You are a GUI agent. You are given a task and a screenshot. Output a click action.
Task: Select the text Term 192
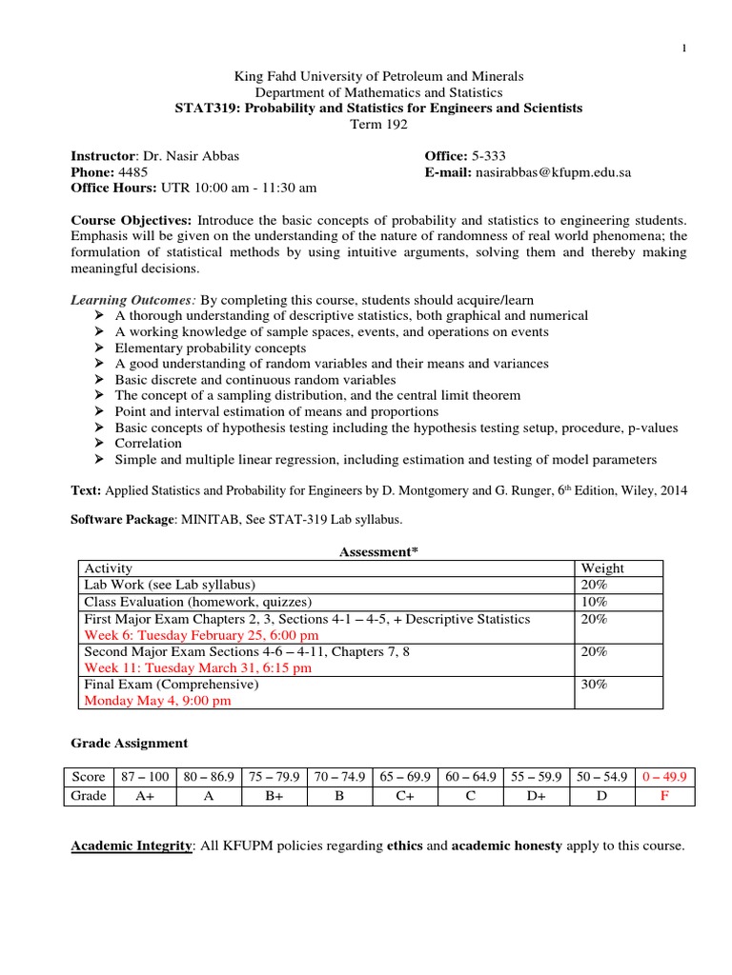pos(378,125)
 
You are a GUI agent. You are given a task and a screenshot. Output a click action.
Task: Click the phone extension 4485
pos(132,172)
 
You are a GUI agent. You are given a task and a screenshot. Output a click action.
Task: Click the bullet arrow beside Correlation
pos(101,444)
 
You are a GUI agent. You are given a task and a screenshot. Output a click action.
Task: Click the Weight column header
pos(602,568)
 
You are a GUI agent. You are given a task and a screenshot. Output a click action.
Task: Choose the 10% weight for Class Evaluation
pos(593,602)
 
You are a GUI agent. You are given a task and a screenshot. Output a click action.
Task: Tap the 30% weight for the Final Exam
pos(593,684)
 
